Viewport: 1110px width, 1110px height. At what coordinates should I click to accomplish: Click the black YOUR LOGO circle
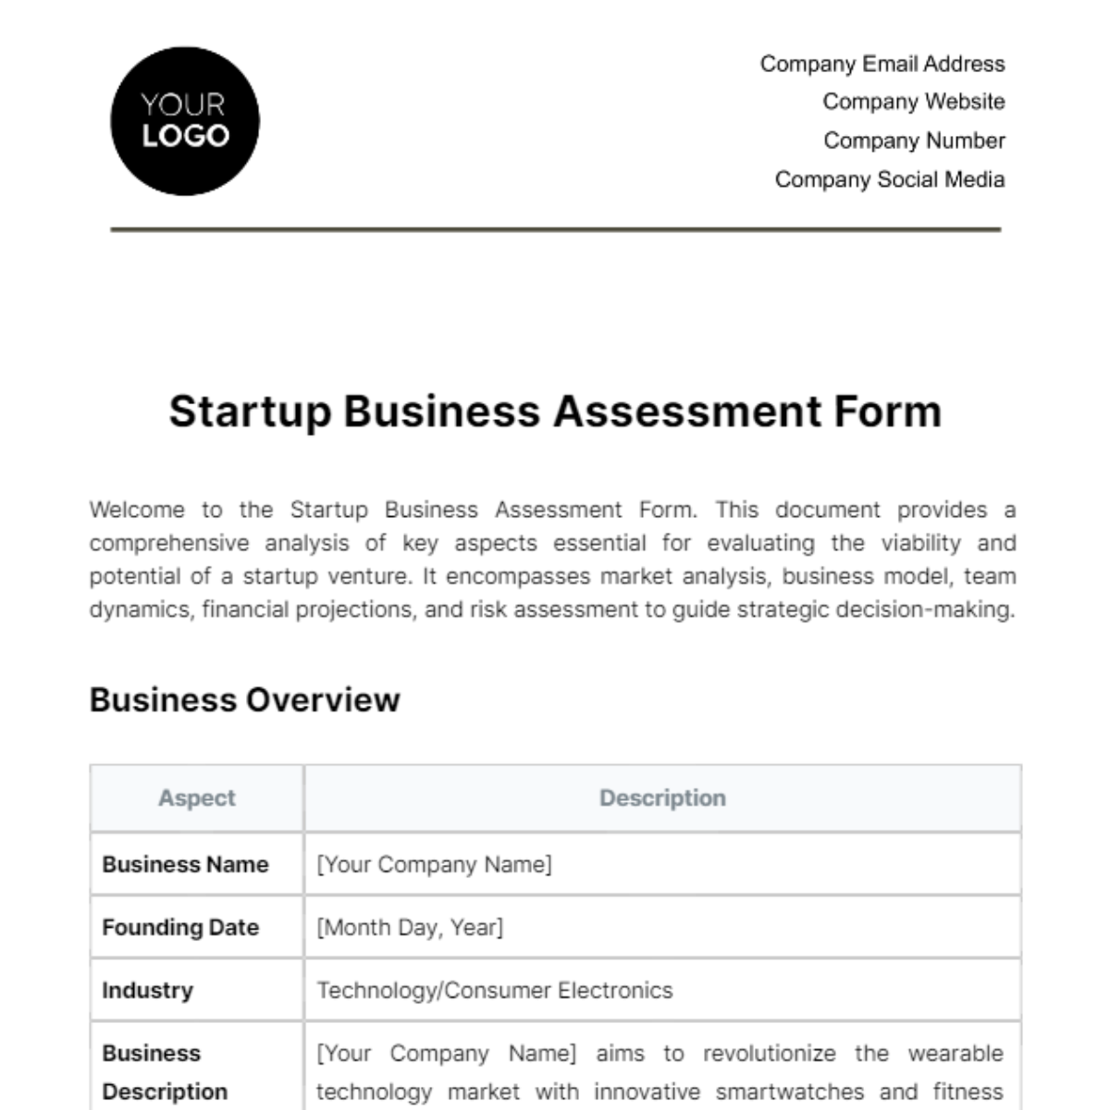pos(185,121)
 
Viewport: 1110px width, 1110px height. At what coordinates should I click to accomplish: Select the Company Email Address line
pos(882,64)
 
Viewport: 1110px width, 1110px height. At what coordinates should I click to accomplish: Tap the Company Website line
pos(913,102)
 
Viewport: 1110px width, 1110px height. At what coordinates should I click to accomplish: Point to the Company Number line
pos(914,141)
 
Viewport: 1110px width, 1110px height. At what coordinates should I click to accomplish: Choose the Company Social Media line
pos(889,179)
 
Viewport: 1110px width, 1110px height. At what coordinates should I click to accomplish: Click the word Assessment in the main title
pos(687,412)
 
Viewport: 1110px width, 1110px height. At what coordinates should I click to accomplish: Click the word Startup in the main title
pos(250,412)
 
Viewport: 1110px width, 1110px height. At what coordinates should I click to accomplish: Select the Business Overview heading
pos(244,700)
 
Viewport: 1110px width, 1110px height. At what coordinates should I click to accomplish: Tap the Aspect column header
pos(196,798)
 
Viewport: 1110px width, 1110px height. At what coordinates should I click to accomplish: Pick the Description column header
pos(662,798)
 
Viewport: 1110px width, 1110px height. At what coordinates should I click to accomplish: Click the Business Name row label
pos(185,864)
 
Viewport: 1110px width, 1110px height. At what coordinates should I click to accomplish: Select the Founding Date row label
pos(180,927)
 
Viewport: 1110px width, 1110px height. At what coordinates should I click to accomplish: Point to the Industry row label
pos(147,990)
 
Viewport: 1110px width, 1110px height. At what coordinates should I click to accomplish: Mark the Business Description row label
pos(164,1072)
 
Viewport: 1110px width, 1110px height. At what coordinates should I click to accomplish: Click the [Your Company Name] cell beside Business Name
pos(434,864)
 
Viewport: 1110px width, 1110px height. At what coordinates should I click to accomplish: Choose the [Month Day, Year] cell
pos(410,927)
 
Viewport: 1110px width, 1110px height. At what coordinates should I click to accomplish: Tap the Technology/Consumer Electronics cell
pos(495,990)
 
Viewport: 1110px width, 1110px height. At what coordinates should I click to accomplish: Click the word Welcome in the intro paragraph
pos(137,510)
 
